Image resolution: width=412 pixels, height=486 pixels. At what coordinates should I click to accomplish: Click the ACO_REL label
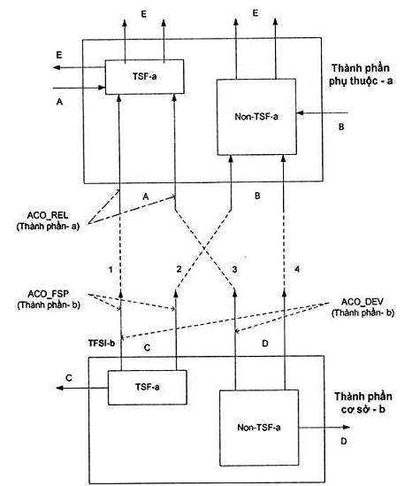pos(48,215)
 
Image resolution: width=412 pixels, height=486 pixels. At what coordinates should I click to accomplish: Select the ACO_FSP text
pos(49,294)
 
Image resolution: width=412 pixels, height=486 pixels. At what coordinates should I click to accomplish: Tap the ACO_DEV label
pos(362,302)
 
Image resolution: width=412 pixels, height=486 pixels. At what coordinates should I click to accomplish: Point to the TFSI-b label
pos(102,343)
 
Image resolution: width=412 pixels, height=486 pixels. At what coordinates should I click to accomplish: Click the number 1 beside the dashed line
pos(111,270)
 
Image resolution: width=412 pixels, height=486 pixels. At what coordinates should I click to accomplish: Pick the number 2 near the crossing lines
pos(179,269)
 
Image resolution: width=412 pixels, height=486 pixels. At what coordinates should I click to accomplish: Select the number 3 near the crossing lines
pos(234,269)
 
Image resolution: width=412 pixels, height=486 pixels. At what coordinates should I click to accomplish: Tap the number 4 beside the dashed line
pos(297,269)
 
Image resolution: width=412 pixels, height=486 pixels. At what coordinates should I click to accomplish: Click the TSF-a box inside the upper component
pos(145,76)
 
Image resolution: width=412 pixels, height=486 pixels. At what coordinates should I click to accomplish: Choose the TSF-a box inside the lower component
pos(148,388)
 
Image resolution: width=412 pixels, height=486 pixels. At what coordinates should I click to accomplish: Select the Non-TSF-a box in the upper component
pos(256,117)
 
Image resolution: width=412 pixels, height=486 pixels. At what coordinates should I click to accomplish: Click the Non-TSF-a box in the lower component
pos(259,428)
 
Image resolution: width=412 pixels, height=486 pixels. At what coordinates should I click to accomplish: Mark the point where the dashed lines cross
pos(204,248)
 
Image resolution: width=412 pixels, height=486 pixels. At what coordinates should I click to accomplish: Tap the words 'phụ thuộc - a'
pos(361,81)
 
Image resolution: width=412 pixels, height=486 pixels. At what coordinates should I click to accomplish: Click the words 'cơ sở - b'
pos(363,410)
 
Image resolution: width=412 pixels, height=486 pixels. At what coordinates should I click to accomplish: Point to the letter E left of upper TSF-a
pos(59,55)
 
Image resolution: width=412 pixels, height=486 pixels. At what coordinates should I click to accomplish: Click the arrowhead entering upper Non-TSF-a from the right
pos(300,113)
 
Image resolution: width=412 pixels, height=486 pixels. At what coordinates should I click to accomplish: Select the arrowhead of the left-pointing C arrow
pos(59,388)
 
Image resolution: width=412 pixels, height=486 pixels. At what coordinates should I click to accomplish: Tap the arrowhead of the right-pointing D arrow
pos(347,427)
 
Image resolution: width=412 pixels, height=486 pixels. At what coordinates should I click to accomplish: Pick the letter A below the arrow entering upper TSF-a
pos(60,102)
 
